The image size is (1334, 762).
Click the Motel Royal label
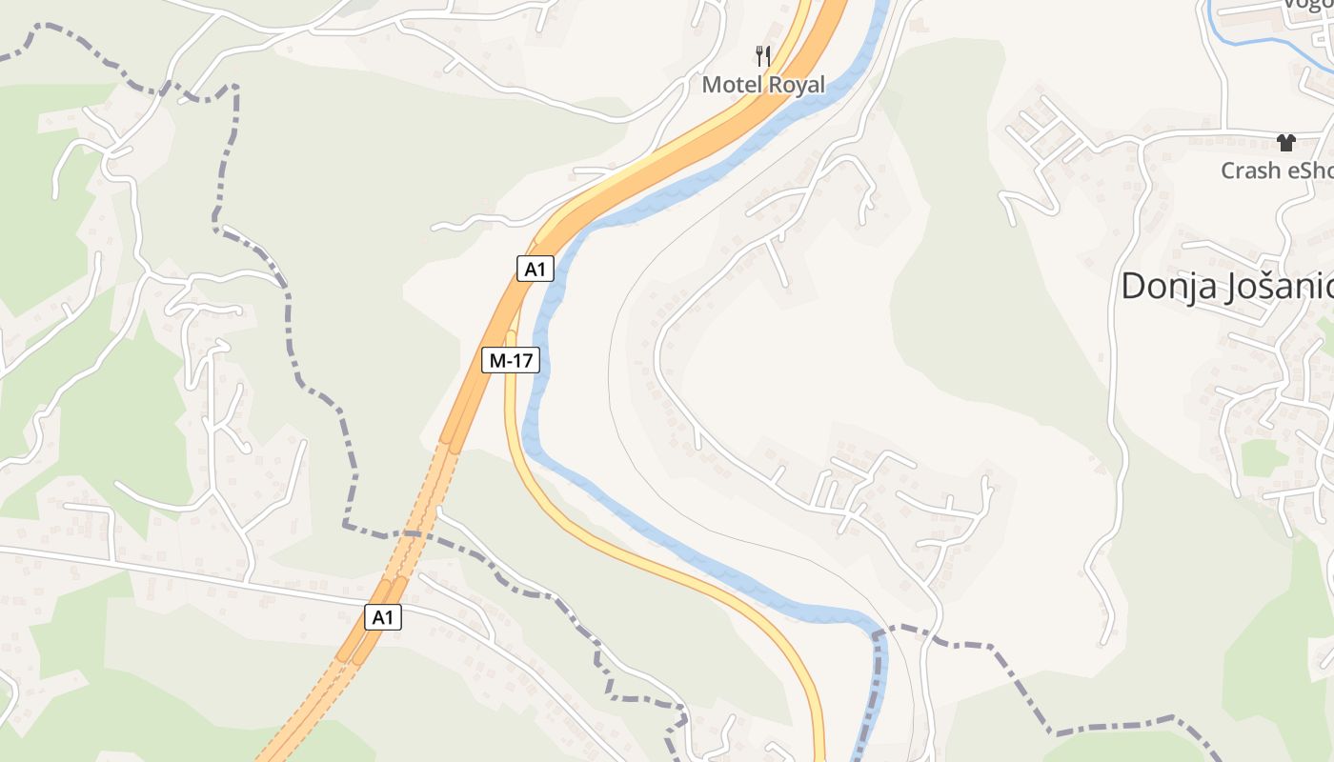pyautogui.click(x=763, y=84)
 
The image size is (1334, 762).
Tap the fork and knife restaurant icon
pyautogui.click(x=762, y=55)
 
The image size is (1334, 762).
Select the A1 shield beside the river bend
pyautogui.click(x=536, y=269)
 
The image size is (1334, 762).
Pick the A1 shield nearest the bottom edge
pyautogui.click(x=382, y=617)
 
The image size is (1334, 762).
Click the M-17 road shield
pyautogui.click(x=511, y=360)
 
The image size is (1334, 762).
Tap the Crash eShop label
pyautogui.click(x=1277, y=170)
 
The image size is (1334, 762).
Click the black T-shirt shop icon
pyautogui.click(x=1286, y=143)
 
